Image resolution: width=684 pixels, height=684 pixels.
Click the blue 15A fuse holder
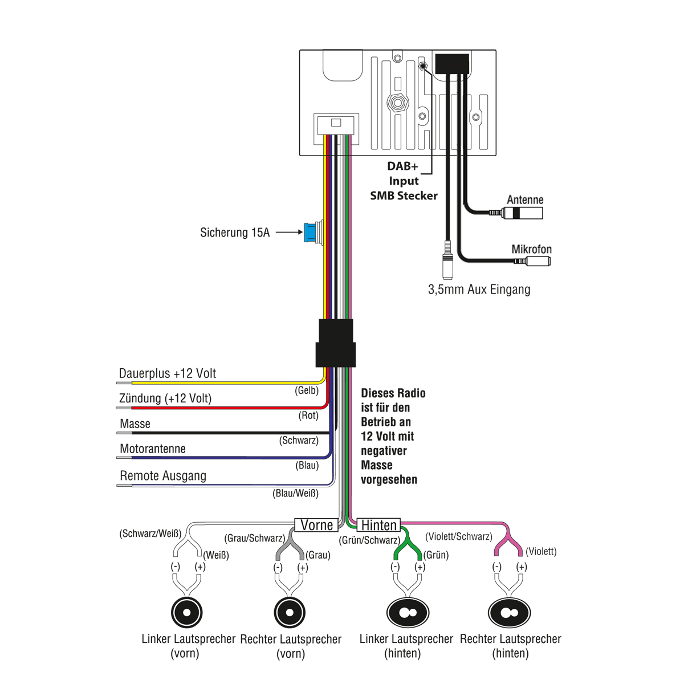click(312, 233)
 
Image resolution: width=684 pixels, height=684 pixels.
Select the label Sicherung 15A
click(235, 233)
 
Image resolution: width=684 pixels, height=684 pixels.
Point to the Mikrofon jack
click(538, 262)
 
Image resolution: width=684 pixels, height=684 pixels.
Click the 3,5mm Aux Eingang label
click(479, 290)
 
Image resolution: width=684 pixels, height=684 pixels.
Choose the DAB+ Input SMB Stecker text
click(404, 181)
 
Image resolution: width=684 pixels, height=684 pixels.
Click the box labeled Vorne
click(316, 525)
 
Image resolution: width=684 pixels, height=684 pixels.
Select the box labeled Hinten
click(379, 525)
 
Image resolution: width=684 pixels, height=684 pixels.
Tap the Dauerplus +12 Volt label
click(168, 373)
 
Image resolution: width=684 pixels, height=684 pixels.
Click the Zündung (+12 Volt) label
click(165, 398)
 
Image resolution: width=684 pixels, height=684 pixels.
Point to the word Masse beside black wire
click(135, 424)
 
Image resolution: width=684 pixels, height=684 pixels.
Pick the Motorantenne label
click(153, 449)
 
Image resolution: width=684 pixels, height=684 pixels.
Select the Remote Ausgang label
click(163, 476)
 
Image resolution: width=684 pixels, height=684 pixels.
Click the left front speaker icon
click(187, 612)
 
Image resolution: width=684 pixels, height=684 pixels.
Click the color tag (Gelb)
click(307, 390)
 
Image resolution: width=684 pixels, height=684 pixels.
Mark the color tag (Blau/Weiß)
click(295, 493)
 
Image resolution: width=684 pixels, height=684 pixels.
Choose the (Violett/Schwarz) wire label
click(459, 536)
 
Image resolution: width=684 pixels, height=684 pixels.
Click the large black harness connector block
click(336, 344)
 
